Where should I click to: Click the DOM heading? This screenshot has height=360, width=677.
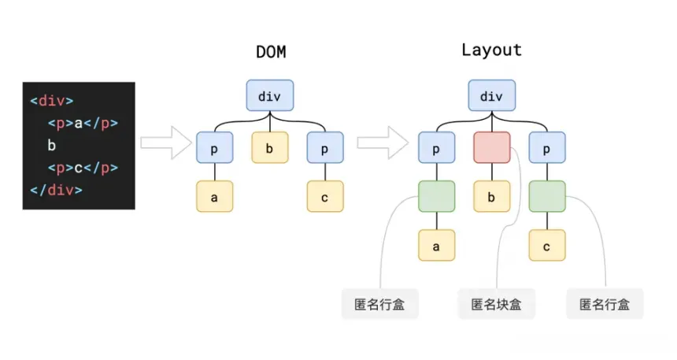point(271,52)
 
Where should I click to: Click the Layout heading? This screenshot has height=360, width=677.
point(491,50)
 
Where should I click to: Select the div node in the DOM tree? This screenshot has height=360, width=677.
point(270,95)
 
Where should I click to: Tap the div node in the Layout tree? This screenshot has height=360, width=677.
point(492,95)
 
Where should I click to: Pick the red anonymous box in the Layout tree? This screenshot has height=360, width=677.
point(492,147)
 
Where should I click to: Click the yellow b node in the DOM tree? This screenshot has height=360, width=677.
point(270,147)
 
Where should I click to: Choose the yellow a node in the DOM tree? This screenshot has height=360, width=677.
point(215,196)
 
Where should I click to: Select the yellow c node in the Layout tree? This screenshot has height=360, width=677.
point(547,245)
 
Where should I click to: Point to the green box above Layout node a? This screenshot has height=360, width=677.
point(437,196)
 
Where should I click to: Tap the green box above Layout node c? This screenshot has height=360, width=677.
point(547,196)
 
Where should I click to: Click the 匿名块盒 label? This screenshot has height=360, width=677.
point(496,304)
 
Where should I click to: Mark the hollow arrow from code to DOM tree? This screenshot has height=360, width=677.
point(166,143)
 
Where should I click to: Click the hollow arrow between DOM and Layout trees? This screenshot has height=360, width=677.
point(383,143)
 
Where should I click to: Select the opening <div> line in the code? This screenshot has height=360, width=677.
point(52,101)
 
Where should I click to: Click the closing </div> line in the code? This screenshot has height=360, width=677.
point(56,190)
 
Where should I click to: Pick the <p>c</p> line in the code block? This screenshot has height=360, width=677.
point(83,168)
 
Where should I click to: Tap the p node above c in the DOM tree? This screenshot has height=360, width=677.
point(325,147)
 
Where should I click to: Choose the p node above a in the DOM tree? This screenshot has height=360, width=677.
point(215,147)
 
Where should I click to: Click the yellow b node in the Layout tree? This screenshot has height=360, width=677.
point(492,196)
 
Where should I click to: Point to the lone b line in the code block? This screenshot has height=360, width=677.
point(52,145)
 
